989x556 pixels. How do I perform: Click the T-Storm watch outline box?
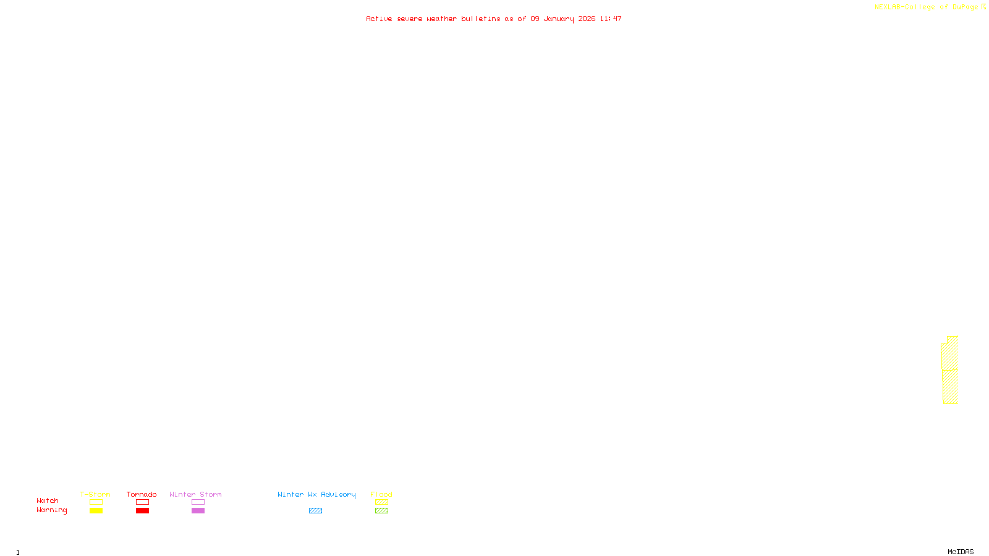click(96, 502)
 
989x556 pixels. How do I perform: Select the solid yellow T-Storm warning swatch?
click(96, 511)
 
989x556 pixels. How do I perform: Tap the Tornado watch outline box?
click(142, 502)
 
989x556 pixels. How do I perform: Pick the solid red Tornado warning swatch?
click(142, 511)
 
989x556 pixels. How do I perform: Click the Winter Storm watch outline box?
click(198, 502)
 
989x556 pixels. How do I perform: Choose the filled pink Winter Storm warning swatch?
click(198, 511)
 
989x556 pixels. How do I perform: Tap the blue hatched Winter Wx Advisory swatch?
click(315, 511)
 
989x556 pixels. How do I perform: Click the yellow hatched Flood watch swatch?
click(381, 502)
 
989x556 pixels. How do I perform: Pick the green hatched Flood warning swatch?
click(381, 511)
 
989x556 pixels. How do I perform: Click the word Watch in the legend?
click(48, 501)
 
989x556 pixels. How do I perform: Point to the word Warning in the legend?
click(51, 510)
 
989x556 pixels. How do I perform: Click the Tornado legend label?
click(142, 494)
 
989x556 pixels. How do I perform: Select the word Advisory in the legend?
click(338, 494)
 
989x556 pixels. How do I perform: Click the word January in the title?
click(559, 19)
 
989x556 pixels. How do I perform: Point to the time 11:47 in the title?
click(611, 19)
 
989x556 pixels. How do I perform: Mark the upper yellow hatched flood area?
click(950, 353)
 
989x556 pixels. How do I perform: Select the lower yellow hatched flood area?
click(950, 387)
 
